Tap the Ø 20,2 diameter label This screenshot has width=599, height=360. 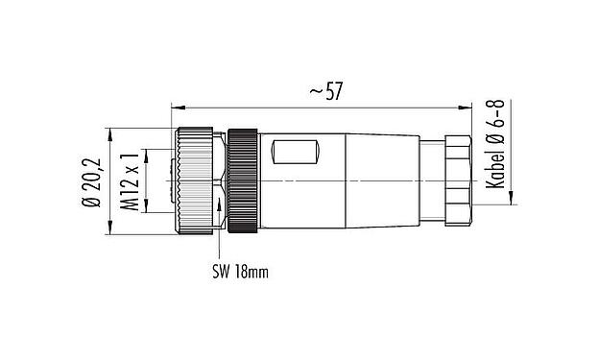pos(92,182)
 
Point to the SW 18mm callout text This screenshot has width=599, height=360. pos(239,272)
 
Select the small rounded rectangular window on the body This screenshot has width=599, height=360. pos(297,152)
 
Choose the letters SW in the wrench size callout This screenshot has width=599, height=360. pos(220,272)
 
